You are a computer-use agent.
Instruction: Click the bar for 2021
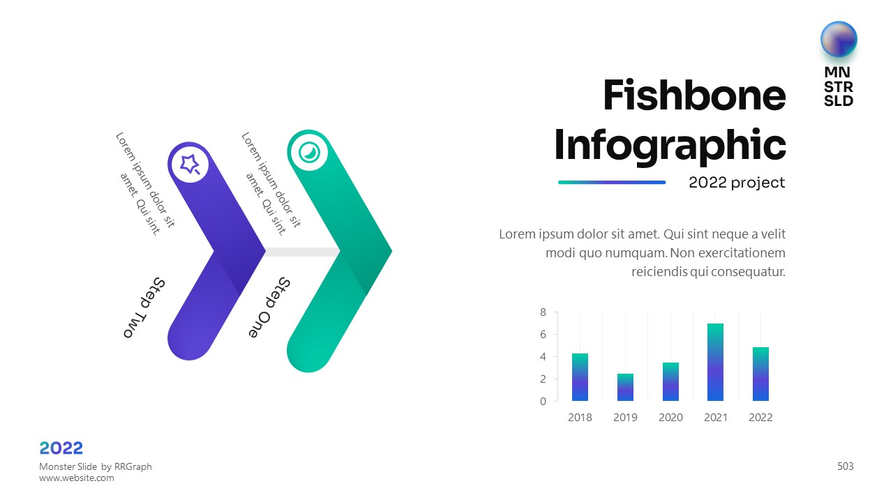tap(716, 362)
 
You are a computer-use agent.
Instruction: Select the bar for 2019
tap(625, 387)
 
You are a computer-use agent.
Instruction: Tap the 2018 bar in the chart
tap(580, 377)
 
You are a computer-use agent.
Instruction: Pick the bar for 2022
tap(760, 374)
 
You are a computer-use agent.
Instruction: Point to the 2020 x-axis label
tap(670, 417)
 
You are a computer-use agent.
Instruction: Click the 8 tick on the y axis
tap(543, 312)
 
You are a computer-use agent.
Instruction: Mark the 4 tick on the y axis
tap(543, 356)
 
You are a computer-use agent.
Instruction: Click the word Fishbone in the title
tap(694, 96)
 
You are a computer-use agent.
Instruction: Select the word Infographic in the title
tap(670, 146)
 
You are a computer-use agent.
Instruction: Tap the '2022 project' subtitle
tap(737, 183)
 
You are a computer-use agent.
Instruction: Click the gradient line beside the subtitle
tap(612, 183)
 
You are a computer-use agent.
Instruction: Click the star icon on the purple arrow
tap(190, 164)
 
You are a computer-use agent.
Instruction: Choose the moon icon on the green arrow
tap(309, 152)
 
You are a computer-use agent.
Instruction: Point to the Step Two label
tap(144, 307)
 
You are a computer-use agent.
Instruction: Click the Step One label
tap(269, 307)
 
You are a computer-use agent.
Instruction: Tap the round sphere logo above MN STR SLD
tap(839, 40)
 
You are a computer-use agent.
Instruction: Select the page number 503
tap(845, 466)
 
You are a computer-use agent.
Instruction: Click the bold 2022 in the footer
tap(61, 448)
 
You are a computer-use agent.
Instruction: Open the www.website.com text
tap(77, 478)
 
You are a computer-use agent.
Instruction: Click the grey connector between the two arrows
tap(303, 252)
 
